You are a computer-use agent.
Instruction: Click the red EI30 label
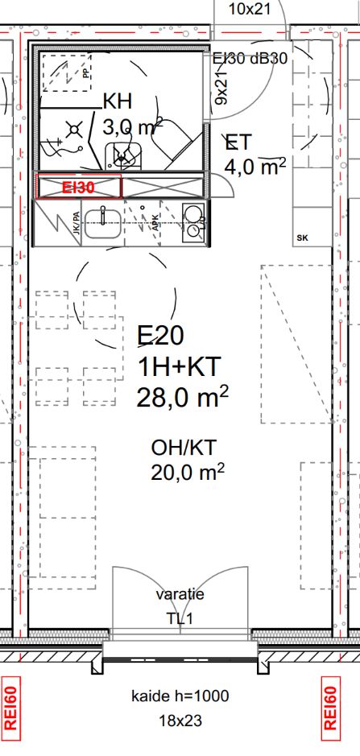click(x=77, y=188)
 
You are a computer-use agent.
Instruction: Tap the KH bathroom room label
click(x=118, y=102)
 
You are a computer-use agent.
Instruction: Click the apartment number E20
click(x=160, y=336)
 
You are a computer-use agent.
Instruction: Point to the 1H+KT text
click(x=179, y=368)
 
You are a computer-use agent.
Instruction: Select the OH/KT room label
click(x=184, y=448)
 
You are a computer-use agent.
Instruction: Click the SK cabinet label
click(x=303, y=238)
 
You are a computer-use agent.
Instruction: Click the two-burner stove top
click(x=194, y=221)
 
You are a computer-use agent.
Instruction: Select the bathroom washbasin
click(x=122, y=155)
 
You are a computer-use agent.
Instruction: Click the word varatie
click(x=180, y=594)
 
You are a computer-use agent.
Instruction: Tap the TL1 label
click(x=180, y=618)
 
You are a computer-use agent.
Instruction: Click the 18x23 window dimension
click(x=180, y=721)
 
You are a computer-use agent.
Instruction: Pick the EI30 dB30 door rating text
click(x=250, y=58)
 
